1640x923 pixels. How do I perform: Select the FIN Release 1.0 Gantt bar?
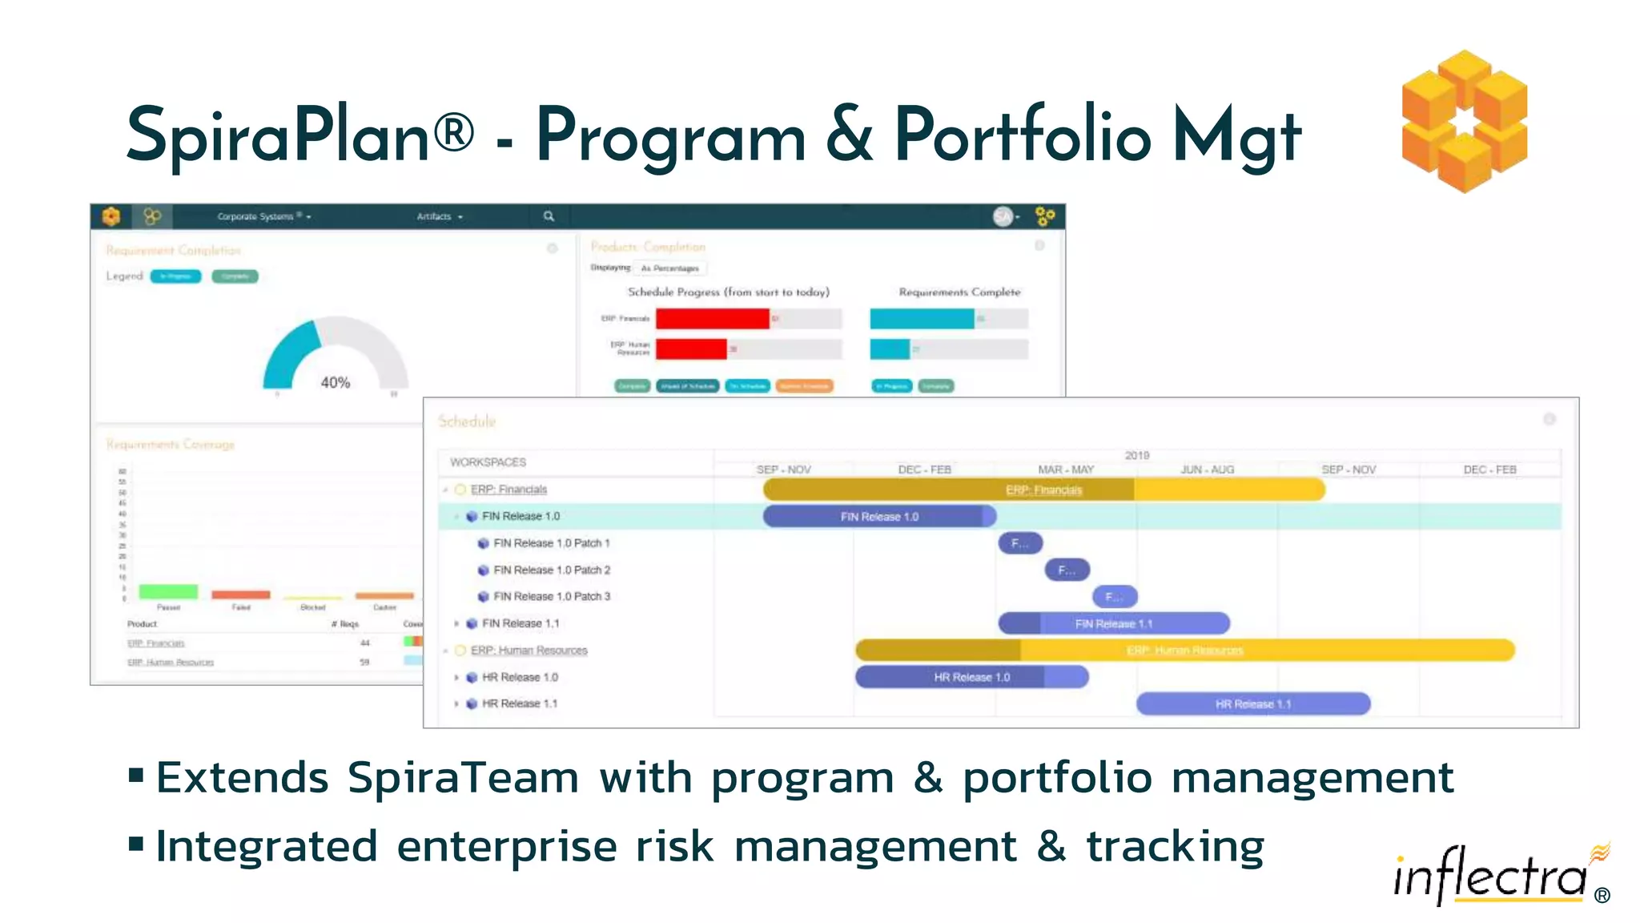pos(878,517)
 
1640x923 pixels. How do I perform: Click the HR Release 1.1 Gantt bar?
pos(1252,704)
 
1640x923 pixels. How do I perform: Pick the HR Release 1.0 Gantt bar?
pos(971,677)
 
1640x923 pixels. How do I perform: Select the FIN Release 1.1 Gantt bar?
pos(1113,623)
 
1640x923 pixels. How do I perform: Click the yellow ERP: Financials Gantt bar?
pos(1043,490)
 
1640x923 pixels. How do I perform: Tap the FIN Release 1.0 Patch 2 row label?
pos(552,570)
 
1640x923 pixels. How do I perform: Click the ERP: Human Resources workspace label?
pos(529,651)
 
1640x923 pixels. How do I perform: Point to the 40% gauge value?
pos(336,383)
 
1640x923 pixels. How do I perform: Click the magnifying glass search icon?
pos(549,216)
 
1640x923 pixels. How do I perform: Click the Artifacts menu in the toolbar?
pos(439,216)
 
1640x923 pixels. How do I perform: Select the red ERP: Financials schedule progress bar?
pos(712,319)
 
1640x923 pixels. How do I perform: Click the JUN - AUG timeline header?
pos(1207,470)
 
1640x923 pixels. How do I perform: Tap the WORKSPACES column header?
pos(488,462)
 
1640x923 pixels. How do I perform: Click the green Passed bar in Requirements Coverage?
pos(168,591)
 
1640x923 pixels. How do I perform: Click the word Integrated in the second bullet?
pos(266,847)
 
